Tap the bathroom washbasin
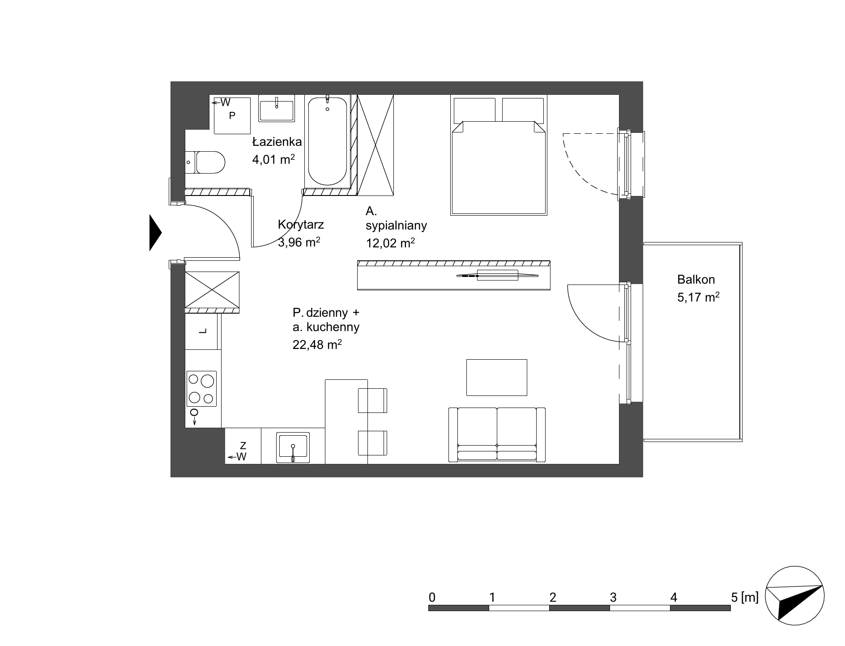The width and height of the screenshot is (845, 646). coord(277,108)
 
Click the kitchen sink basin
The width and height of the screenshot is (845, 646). coord(293,447)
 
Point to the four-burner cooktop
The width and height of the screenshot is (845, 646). coord(201,388)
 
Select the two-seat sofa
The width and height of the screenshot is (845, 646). coord(497,434)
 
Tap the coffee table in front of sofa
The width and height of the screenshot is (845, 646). coord(497,377)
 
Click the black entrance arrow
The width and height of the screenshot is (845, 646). coord(155,233)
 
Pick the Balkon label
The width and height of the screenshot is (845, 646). coord(696,280)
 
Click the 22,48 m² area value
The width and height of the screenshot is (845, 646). coord(317,344)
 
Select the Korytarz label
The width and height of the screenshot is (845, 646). coord(301,224)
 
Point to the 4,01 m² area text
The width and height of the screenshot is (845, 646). coord(273,159)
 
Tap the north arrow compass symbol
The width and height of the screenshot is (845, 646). coord(794,596)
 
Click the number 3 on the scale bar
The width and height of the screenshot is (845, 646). coord(613,597)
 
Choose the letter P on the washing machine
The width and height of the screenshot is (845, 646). coord(232,116)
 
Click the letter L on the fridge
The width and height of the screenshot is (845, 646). coord(203,331)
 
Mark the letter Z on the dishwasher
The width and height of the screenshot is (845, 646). coord(243,446)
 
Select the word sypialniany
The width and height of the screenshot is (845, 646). coord(396,226)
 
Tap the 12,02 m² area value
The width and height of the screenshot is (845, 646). coord(390,243)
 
